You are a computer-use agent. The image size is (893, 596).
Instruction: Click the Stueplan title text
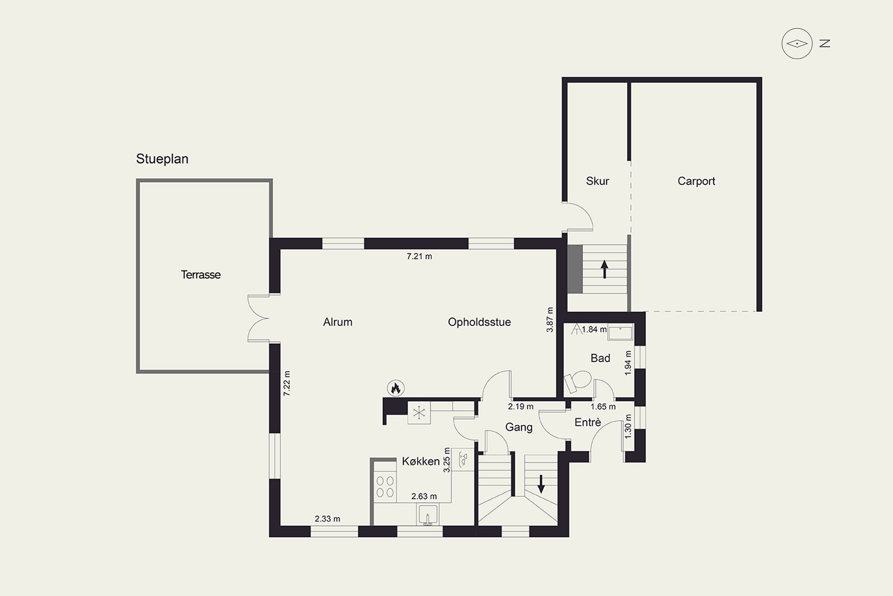(x=162, y=159)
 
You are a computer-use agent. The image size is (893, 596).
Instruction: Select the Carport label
(x=696, y=181)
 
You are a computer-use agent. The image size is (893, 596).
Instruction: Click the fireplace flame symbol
(x=396, y=388)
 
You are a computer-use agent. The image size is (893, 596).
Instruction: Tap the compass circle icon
(x=797, y=43)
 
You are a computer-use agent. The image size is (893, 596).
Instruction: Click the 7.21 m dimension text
(x=419, y=256)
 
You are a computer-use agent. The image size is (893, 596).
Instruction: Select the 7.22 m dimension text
(x=287, y=383)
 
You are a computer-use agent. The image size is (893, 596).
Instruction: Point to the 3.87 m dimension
(x=549, y=320)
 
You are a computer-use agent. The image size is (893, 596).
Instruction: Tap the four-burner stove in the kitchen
(x=385, y=487)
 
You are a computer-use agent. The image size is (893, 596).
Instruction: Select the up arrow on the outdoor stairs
(x=605, y=269)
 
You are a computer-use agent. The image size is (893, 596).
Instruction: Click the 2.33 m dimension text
(x=327, y=519)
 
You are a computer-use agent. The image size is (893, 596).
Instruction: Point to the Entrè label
(x=588, y=422)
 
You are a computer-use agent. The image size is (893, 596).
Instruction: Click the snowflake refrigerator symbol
(x=419, y=412)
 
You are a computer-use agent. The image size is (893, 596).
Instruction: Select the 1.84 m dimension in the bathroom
(x=594, y=329)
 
